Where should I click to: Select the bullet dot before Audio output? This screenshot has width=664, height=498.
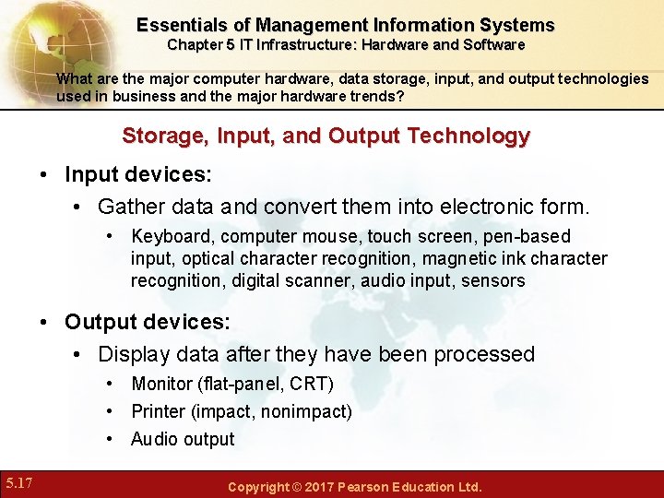coord(110,439)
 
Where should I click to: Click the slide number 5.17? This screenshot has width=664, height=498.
coord(20,482)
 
